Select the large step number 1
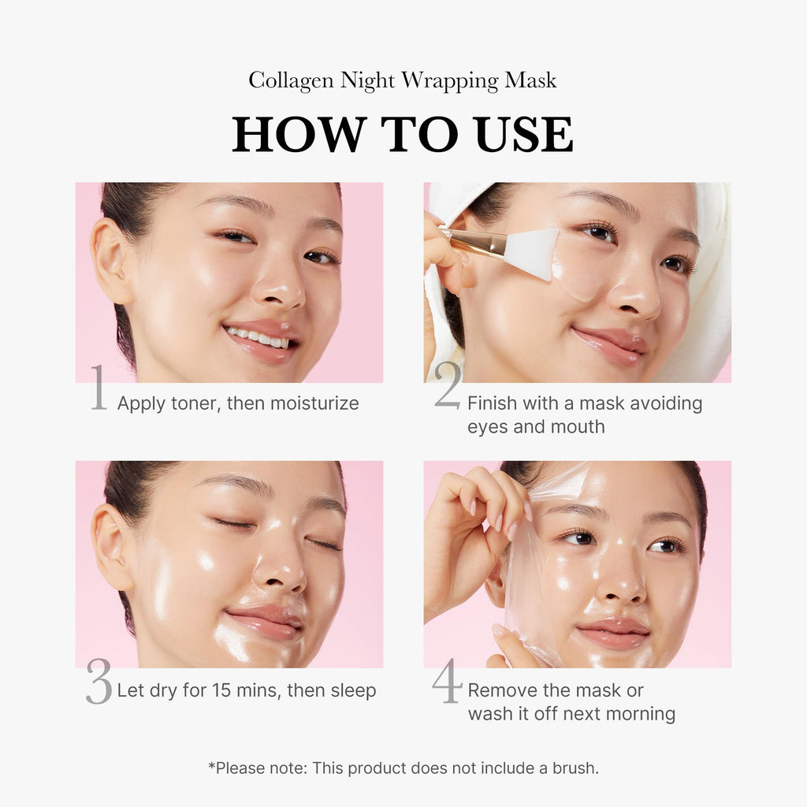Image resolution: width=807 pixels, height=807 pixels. pos(99,389)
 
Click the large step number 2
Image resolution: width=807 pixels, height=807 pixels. pos(447,387)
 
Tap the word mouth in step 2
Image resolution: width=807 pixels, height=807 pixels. pos(578,427)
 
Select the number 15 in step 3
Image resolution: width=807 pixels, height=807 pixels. pos(223,691)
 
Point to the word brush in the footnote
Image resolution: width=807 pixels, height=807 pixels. pos(582,768)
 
